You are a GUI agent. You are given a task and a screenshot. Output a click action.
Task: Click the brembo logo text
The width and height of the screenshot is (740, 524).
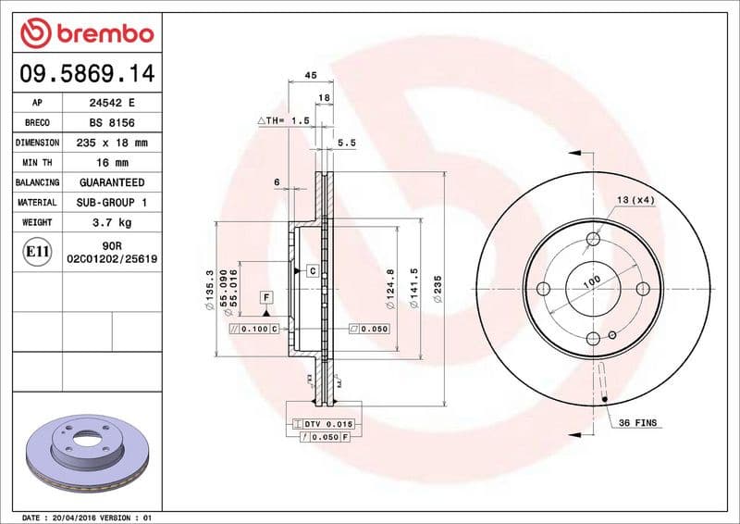[x=100, y=34]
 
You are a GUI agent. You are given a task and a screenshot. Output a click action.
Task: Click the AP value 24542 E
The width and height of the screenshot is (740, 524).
[x=112, y=103]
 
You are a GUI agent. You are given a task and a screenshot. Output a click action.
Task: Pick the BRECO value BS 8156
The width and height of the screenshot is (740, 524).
[x=112, y=123]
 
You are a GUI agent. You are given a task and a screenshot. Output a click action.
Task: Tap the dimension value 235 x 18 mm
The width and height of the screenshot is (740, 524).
[x=112, y=143]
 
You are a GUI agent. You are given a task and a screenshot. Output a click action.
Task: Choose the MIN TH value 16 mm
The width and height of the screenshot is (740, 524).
[x=112, y=163]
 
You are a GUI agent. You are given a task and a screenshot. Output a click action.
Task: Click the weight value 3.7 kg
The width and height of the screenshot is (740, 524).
[x=112, y=222]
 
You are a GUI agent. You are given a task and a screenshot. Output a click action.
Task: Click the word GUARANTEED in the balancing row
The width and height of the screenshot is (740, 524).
[x=112, y=182]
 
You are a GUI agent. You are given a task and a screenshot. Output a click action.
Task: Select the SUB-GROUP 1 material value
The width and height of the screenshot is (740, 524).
[x=112, y=202]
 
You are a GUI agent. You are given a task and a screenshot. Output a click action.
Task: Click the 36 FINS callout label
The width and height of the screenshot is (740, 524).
[x=637, y=422]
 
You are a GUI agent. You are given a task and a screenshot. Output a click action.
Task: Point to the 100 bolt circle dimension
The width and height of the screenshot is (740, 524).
[x=591, y=280]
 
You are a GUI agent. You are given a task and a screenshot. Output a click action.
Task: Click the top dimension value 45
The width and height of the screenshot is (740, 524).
[x=311, y=75]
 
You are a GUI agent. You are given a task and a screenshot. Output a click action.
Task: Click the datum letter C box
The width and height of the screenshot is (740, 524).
[x=312, y=271]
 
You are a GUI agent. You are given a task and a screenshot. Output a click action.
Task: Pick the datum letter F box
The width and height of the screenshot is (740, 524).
[x=267, y=297]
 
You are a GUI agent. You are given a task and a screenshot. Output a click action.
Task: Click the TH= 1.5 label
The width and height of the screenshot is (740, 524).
[x=282, y=121]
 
